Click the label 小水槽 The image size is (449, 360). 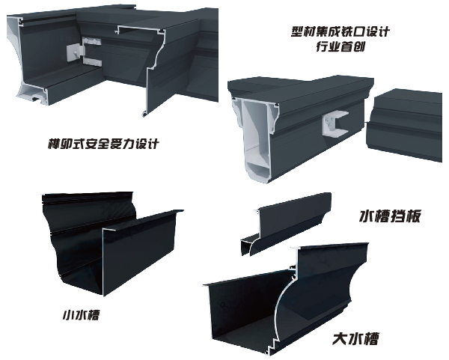pyautogui.click(x=81, y=315)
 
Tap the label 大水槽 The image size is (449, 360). pyautogui.click(x=355, y=339)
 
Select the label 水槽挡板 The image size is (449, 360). pyautogui.click(x=390, y=216)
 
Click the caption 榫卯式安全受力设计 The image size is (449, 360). pyautogui.click(x=103, y=144)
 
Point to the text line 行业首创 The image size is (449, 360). pyautogui.click(x=340, y=46)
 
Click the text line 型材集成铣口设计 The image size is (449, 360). pyautogui.click(x=340, y=31)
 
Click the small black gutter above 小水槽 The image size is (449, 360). pyautogui.click(x=112, y=243)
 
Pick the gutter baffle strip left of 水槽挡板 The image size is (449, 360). pyautogui.click(x=287, y=223)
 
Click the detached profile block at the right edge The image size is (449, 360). pyautogui.click(x=404, y=126)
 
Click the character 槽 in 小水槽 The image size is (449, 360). pyautogui.click(x=93, y=315)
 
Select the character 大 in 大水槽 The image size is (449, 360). pyautogui.click(x=340, y=339)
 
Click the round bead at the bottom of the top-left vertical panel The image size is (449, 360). pyautogui.click(x=144, y=114)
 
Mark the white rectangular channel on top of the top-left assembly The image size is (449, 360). pyautogui.click(x=141, y=28)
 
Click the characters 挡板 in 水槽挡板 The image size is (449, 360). pyautogui.click(x=406, y=216)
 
